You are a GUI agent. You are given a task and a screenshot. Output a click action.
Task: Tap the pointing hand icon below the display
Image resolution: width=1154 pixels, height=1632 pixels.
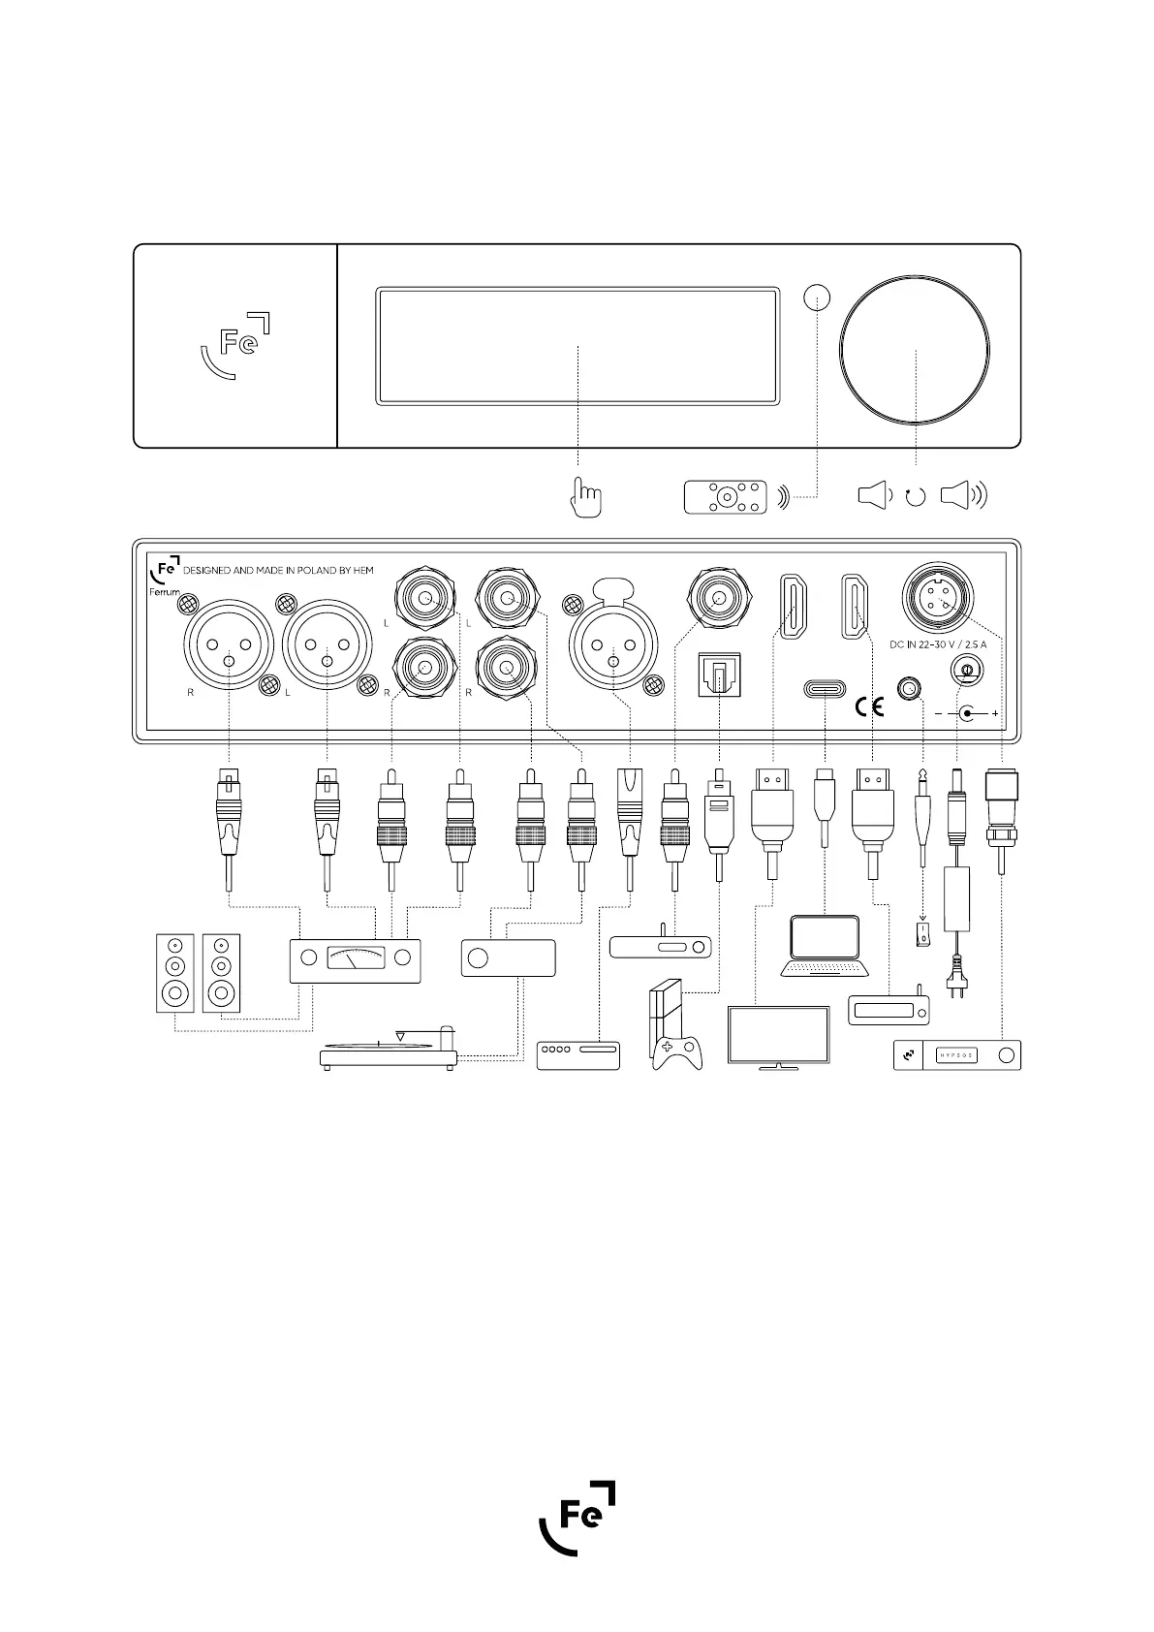[585, 498]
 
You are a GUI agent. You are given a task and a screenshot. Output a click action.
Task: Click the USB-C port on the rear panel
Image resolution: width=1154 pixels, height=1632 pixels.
[825, 690]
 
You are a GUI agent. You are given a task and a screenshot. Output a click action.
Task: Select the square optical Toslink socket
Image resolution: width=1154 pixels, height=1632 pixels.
[718, 673]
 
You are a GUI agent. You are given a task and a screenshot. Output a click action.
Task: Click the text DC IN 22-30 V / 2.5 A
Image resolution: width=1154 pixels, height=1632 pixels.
[938, 643]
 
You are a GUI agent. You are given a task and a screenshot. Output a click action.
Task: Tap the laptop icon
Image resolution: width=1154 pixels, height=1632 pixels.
[825, 945]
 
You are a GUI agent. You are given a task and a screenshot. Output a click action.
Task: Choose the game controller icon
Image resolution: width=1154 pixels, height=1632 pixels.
[677, 1052]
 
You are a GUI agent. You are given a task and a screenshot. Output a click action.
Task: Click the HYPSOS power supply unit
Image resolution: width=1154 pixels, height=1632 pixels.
[956, 1055]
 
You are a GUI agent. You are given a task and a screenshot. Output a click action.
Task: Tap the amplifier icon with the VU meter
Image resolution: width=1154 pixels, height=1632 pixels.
[355, 958]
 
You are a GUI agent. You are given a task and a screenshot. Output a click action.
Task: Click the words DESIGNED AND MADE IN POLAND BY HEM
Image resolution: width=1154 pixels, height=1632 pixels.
[278, 571]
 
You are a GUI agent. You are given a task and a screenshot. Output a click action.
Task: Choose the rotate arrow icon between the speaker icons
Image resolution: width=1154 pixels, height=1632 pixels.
[915, 497]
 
